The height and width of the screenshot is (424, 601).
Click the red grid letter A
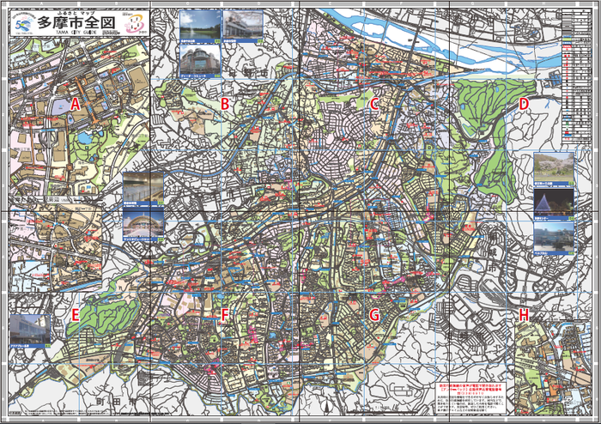click(x=76, y=104)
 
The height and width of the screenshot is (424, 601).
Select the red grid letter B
click(x=224, y=104)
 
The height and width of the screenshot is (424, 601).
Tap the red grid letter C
click(x=374, y=104)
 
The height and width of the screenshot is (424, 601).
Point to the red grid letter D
click(x=523, y=104)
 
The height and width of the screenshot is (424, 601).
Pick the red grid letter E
click(x=76, y=314)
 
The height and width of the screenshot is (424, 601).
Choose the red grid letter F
click(x=224, y=315)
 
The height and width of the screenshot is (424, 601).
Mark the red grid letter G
click(x=374, y=315)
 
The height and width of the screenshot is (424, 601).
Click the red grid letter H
click(x=523, y=315)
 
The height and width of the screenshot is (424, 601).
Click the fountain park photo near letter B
click(x=198, y=26)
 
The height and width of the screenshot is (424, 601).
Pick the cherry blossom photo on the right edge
click(x=554, y=169)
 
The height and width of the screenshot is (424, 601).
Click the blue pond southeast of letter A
click(x=83, y=137)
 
